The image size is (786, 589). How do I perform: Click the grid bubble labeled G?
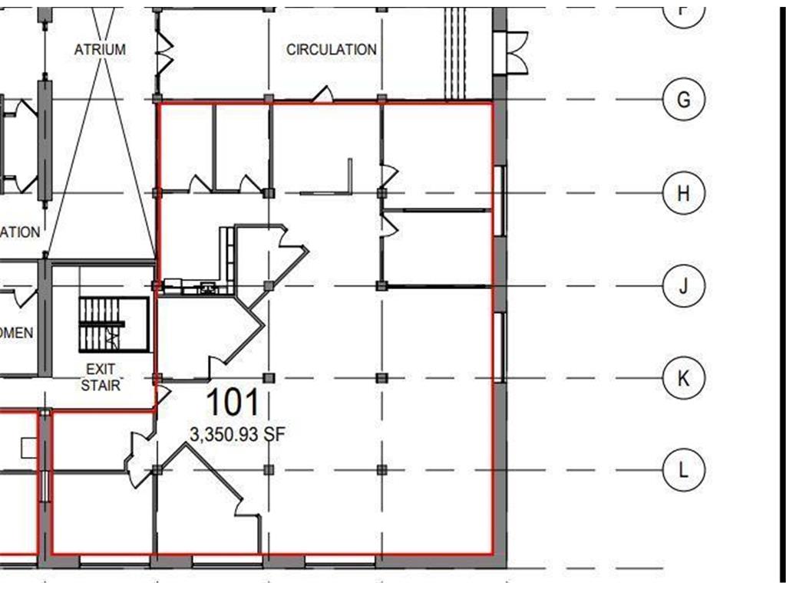[x=683, y=100]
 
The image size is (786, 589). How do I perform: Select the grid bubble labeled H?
[x=683, y=193]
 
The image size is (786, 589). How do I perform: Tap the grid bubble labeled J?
[x=683, y=286]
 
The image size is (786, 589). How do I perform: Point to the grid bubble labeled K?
[x=683, y=378]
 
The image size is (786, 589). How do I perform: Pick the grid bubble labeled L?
[x=683, y=469]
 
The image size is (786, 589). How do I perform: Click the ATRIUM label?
[x=100, y=49]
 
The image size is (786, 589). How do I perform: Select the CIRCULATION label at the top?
[x=332, y=49]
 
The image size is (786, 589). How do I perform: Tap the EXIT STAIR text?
[x=101, y=377]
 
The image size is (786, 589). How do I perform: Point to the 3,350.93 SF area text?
[x=237, y=435]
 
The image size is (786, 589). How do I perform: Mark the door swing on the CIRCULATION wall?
[x=323, y=94]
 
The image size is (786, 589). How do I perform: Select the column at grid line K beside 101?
[x=269, y=378]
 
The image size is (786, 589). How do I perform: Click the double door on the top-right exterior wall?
[x=512, y=52]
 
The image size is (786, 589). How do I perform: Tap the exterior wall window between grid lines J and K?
[x=500, y=347]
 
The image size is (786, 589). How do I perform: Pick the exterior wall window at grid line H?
[x=500, y=201]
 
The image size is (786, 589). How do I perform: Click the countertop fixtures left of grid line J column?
[x=192, y=288]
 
